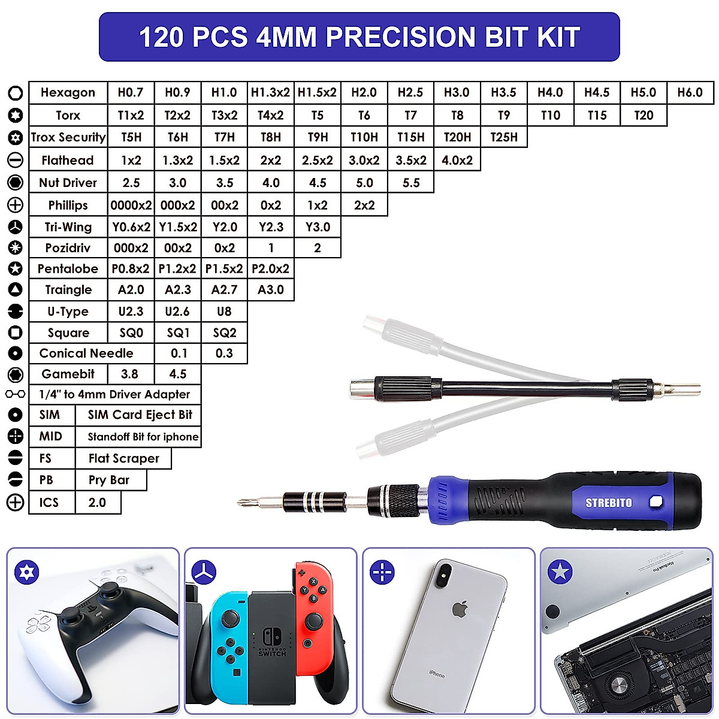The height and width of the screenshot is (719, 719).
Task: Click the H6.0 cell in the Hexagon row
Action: point(690,93)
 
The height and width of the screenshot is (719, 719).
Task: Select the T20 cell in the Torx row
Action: point(644,115)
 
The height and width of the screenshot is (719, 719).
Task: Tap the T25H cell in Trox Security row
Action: point(504,137)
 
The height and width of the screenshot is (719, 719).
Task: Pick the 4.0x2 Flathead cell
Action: point(457,160)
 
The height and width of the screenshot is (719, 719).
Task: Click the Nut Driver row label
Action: point(68,183)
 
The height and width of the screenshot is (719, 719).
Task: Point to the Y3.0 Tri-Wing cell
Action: point(318,227)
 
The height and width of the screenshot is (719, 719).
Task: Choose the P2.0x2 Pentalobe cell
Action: point(271,268)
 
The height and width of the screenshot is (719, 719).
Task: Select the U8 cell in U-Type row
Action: point(224,312)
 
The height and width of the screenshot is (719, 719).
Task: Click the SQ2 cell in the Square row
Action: point(224,333)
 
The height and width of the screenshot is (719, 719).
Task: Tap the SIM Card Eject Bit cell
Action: point(140,415)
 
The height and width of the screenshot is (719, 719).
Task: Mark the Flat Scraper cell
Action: point(123,458)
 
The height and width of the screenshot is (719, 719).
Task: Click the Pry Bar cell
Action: point(109,480)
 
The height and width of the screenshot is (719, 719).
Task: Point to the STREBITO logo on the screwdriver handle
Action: point(608,503)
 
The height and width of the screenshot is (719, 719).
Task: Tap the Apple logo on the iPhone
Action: point(460,609)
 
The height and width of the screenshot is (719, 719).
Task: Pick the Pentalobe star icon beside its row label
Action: point(16,268)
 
